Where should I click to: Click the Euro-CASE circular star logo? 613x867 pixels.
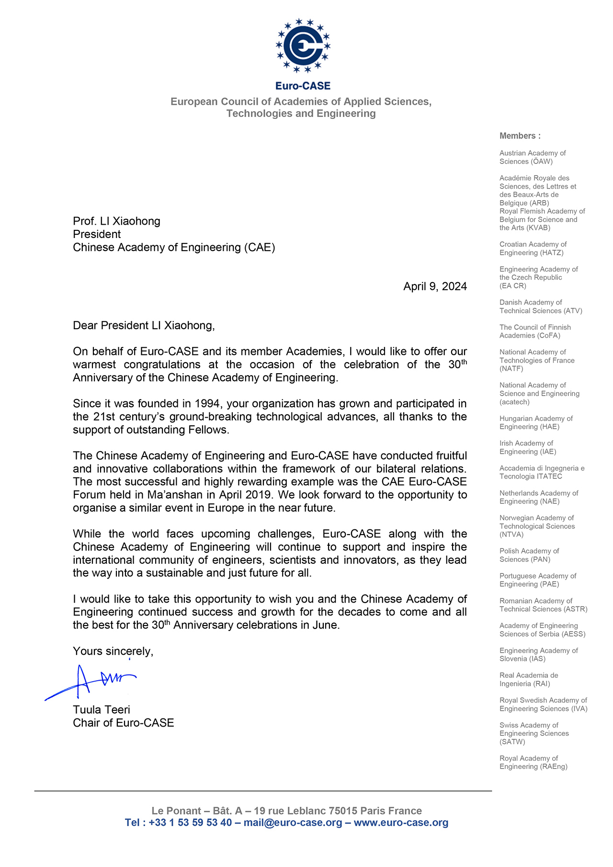pos(303,46)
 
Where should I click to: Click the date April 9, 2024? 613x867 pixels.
pos(435,286)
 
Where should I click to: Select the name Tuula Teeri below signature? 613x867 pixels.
pos(102,710)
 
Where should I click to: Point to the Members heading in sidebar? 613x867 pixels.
pos(520,136)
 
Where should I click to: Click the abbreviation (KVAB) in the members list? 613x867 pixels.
pos(538,228)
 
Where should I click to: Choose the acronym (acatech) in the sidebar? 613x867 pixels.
pos(514,402)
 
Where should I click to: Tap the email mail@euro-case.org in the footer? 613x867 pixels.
pos(293,822)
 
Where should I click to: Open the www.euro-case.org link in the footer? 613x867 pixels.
pos(401,822)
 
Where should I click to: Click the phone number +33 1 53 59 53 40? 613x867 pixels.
pos(190,822)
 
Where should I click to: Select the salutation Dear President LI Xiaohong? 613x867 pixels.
pos(144,326)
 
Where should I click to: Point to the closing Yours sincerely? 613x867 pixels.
pos(113,651)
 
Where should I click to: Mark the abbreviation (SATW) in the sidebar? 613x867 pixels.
pos(512,742)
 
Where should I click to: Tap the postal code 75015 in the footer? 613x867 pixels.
pos(341,811)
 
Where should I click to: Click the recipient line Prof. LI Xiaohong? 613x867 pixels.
pos(116,221)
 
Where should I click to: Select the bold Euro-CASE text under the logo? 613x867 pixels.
pos(303,86)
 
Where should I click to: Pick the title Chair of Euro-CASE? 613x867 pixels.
pos(124,723)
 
